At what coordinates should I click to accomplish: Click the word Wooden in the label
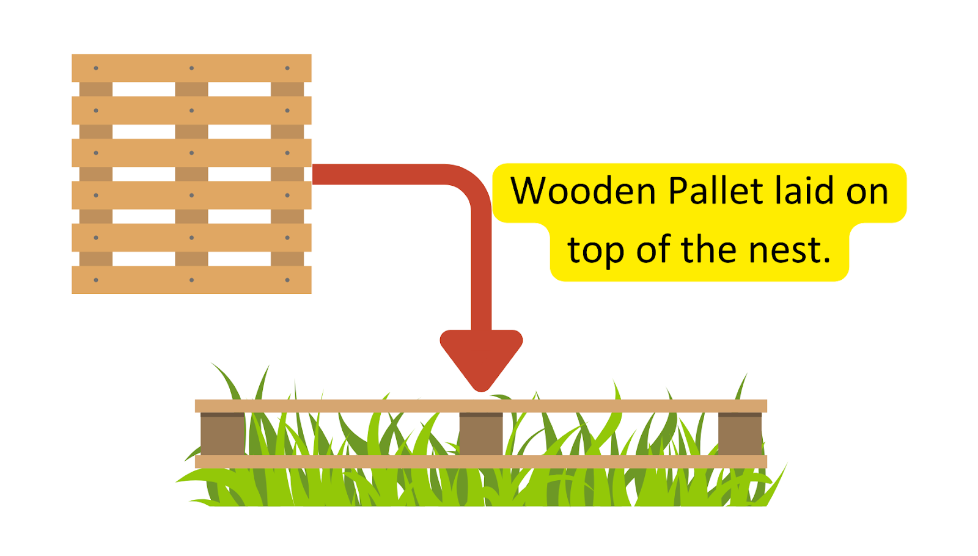584,191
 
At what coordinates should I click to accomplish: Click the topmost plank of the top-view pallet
191,68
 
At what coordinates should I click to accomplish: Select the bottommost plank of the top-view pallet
191,280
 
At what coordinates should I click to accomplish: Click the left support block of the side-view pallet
222,434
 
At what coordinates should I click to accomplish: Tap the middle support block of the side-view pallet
481,434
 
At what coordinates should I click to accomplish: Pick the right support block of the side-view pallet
740,434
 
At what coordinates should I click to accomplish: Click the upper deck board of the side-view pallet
481,406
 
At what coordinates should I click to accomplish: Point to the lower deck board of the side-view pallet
481,462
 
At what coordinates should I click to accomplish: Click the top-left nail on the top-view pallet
96,68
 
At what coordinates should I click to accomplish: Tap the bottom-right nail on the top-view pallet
287,280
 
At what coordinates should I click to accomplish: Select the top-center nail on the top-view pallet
191,68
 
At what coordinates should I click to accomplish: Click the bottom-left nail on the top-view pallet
96,280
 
